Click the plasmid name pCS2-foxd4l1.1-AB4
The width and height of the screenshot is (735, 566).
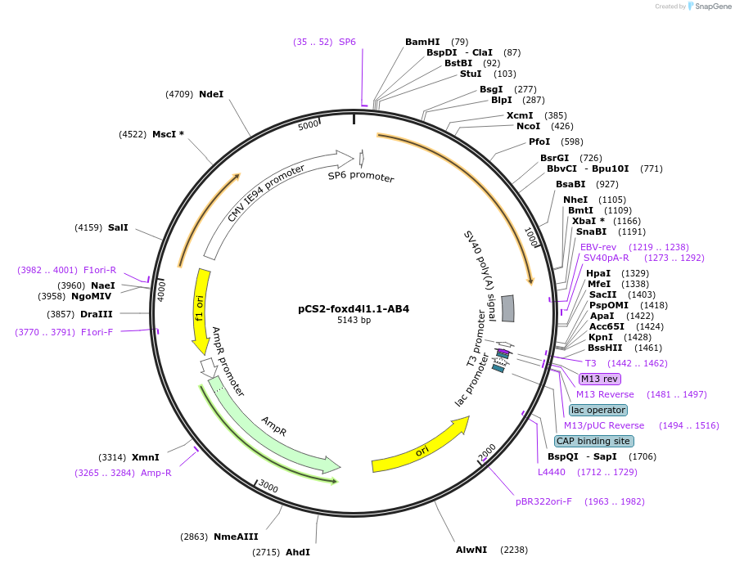354,309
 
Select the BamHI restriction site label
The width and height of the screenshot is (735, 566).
422,42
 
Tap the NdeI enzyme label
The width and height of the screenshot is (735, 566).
211,94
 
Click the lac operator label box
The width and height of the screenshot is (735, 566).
598,410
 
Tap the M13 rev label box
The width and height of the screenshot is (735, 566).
600,379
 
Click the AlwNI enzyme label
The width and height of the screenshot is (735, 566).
471,550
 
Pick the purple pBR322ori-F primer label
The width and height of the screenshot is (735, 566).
543,501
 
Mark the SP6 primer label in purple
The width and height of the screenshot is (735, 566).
347,42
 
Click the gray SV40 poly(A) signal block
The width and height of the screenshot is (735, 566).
507,308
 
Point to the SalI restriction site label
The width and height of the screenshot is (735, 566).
118,227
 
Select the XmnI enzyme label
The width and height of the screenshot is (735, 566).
146,457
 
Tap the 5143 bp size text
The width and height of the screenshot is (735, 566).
354,321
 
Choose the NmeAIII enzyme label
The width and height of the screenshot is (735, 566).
236,537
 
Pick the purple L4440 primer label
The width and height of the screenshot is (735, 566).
552,472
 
